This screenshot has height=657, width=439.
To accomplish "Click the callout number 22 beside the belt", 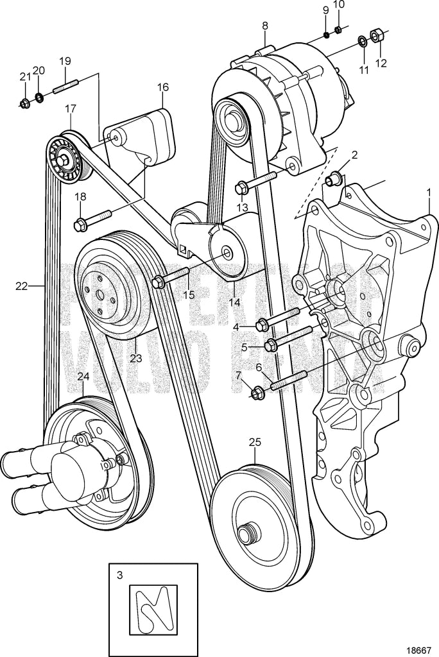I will click(22, 286).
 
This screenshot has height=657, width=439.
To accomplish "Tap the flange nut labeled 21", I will click(24, 103).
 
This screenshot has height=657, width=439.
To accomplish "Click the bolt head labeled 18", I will click(82, 224).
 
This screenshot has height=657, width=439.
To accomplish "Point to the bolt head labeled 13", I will click(242, 188).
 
